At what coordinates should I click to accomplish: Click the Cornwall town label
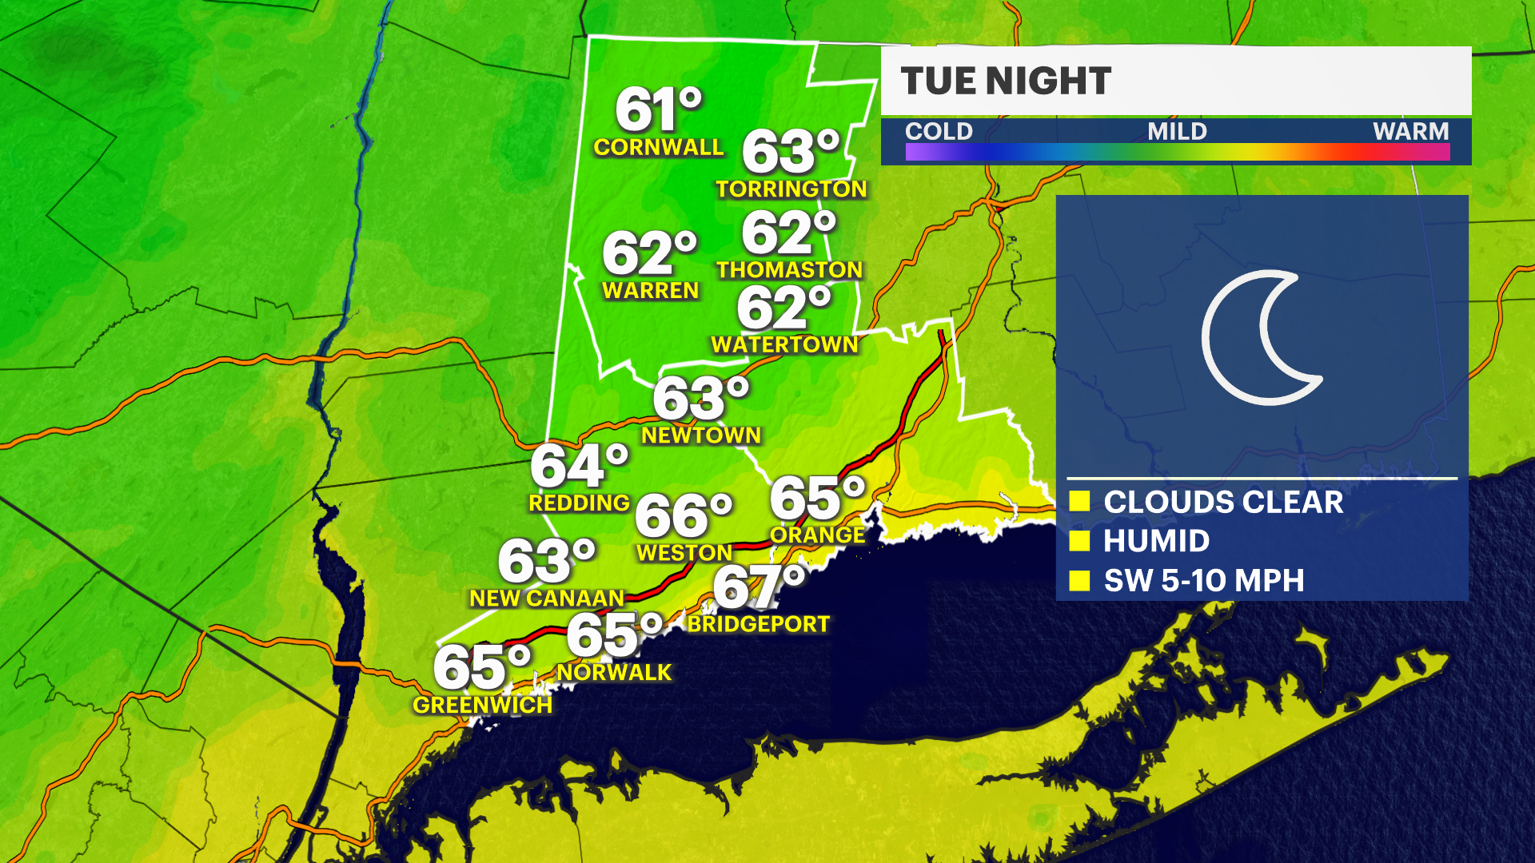(x=658, y=148)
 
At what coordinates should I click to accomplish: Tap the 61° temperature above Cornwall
(x=658, y=109)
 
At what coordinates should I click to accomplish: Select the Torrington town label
(x=791, y=189)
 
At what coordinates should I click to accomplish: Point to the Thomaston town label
(x=789, y=270)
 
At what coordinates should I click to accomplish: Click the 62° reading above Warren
(x=649, y=253)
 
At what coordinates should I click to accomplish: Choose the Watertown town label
(x=784, y=345)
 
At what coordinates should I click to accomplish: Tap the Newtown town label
(x=700, y=435)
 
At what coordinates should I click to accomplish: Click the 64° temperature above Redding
(x=579, y=466)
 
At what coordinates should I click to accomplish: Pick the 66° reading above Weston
(x=683, y=515)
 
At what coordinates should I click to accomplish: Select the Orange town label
(x=817, y=535)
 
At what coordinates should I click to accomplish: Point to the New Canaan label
(x=546, y=599)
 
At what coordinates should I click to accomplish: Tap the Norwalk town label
(x=614, y=673)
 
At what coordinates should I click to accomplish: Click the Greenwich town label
(x=482, y=706)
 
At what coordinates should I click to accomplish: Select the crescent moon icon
(x=1259, y=337)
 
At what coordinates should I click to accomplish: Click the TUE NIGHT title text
(x=1006, y=81)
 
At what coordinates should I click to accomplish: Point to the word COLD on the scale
(x=939, y=131)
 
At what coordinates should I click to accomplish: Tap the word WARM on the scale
(x=1410, y=131)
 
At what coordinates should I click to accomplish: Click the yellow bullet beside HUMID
(x=1079, y=541)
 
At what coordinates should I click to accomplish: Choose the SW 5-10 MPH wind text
(x=1203, y=581)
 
